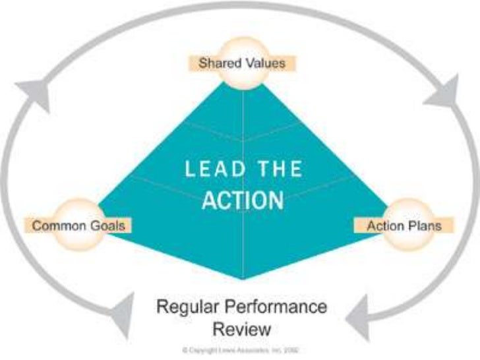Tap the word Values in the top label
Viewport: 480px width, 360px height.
[266, 64]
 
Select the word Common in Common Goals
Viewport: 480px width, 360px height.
[57, 225]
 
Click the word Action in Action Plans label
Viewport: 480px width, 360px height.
[384, 225]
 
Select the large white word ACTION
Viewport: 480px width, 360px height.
[243, 200]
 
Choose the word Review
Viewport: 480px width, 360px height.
[240, 328]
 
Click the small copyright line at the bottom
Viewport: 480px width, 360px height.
[240, 349]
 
